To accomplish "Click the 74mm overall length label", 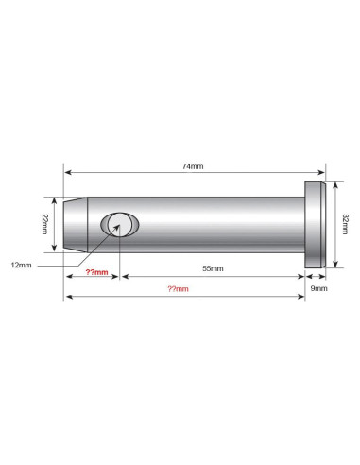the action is pyautogui.click(x=193, y=166).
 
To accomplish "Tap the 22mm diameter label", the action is pyautogui.click(x=44, y=224).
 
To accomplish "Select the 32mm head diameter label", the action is pyautogui.click(x=345, y=224).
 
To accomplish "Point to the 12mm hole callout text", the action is pyautogui.click(x=21, y=265).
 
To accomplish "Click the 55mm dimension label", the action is pyautogui.click(x=213, y=268).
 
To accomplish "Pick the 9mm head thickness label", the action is pyautogui.click(x=318, y=288).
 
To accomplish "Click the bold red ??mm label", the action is pyautogui.click(x=97, y=272).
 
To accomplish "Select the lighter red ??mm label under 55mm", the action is pyautogui.click(x=178, y=289).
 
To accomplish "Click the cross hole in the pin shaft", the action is pyautogui.click(x=120, y=225).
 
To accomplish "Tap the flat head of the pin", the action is pyautogui.click(x=315, y=225).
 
